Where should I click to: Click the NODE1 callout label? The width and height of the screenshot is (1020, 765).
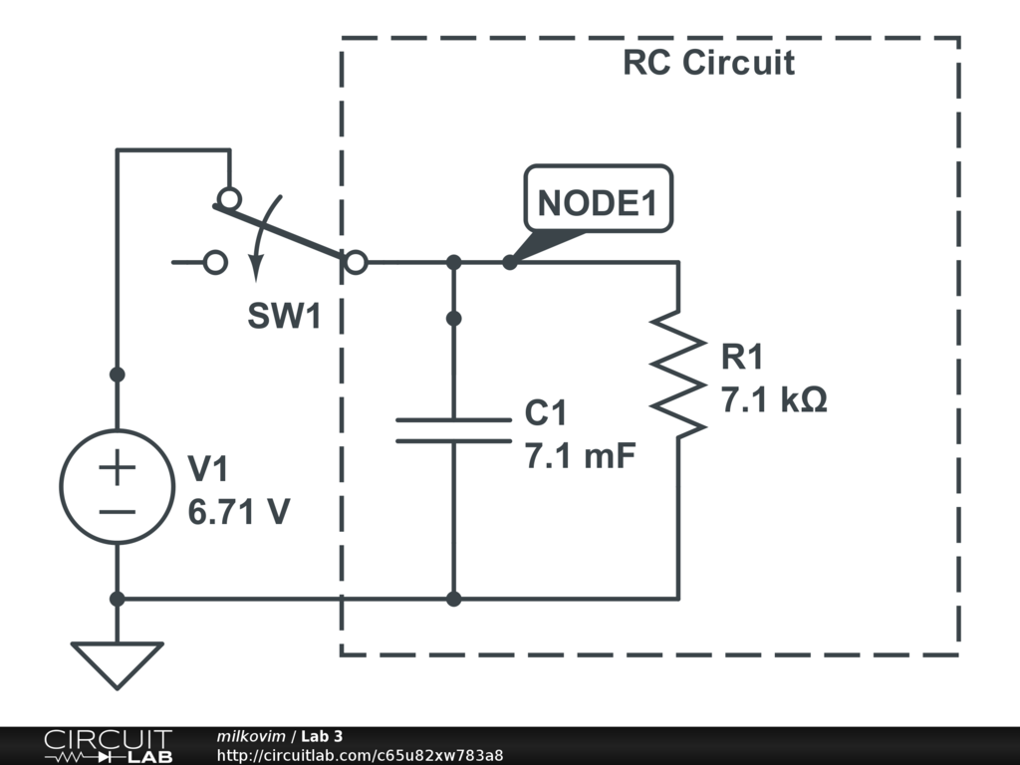[599, 202]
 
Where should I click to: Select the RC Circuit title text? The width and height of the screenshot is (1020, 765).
[708, 63]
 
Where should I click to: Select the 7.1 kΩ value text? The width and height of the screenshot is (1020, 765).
[774, 400]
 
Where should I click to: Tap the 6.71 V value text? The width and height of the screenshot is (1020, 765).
[239, 512]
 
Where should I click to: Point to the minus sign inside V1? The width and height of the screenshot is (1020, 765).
[118, 512]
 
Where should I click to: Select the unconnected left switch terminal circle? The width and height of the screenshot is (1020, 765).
[214, 263]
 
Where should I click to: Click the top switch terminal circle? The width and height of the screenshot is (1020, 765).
[229, 198]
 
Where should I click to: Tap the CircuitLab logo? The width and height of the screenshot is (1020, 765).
[108, 745]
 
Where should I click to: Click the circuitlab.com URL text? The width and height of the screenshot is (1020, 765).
[360, 755]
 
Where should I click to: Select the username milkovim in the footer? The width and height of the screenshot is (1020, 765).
[250, 736]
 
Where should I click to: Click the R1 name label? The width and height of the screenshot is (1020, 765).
[743, 357]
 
